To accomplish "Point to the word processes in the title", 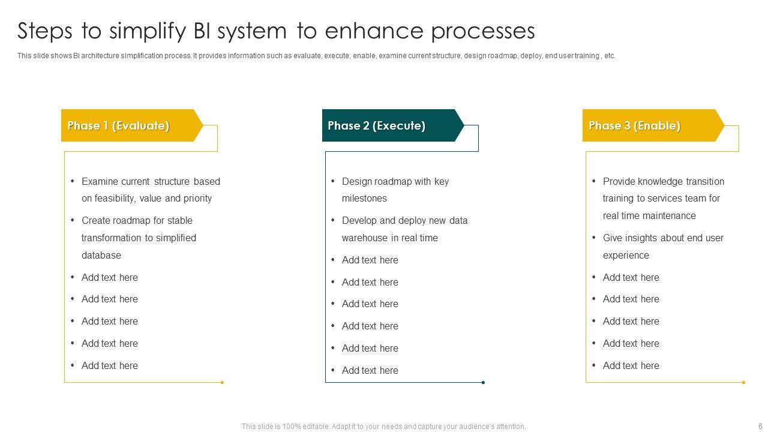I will click(x=482, y=31).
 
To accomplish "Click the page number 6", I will click(x=752, y=427).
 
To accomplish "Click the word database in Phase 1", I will click(x=101, y=255).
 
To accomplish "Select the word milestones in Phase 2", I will click(x=364, y=199).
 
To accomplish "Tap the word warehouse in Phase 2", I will click(x=365, y=238).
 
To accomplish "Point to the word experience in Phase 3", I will click(x=626, y=256).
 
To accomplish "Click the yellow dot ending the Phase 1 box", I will click(x=222, y=382).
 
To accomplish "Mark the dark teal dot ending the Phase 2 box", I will click(x=483, y=382).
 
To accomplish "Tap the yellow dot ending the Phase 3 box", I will click(x=743, y=382).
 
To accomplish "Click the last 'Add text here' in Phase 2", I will click(x=370, y=371).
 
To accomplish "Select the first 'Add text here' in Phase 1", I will click(x=109, y=277).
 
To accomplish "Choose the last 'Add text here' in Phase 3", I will click(x=631, y=366).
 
